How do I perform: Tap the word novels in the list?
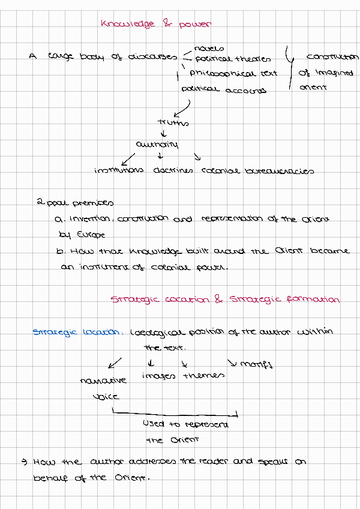[x=209, y=48]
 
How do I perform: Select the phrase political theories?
[x=233, y=59]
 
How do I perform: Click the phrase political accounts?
[x=224, y=90]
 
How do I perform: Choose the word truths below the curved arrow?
[x=173, y=122]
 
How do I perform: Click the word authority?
[x=157, y=145]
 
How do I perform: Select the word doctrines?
[x=173, y=170]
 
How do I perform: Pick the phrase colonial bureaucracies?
[x=257, y=170]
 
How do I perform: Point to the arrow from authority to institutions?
[x=128, y=159]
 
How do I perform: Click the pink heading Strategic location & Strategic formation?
[x=225, y=299]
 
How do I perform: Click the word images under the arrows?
[x=158, y=376]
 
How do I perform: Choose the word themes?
[x=203, y=375]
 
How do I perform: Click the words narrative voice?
[x=103, y=388]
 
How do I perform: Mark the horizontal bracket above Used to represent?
[x=175, y=413]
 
